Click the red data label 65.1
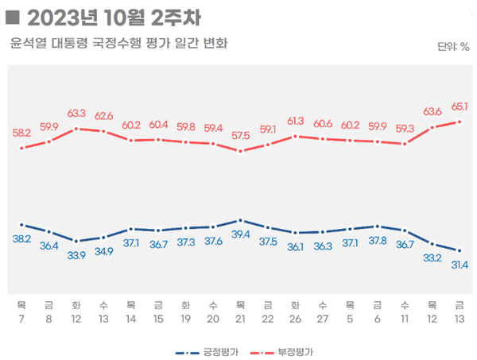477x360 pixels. pyautogui.click(x=460, y=106)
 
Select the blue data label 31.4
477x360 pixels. pyautogui.click(x=460, y=265)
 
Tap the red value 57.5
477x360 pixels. pyautogui.click(x=241, y=136)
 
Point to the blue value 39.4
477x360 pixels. pyautogui.click(x=241, y=234)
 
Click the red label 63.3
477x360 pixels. pyautogui.click(x=76, y=113)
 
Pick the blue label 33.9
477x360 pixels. pyautogui.click(x=76, y=255)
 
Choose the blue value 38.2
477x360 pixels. pyautogui.click(x=21, y=238)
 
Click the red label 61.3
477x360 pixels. pyautogui.click(x=295, y=121)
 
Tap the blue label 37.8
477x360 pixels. pyautogui.click(x=378, y=241)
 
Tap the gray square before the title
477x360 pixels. pyautogui.click(x=11, y=16)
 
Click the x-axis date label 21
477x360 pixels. pyautogui.click(x=240, y=319)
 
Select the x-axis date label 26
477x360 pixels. pyautogui.click(x=295, y=319)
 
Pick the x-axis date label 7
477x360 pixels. pyautogui.click(x=21, y=319)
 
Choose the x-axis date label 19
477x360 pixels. pyautogui.click(x=185, y=319)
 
